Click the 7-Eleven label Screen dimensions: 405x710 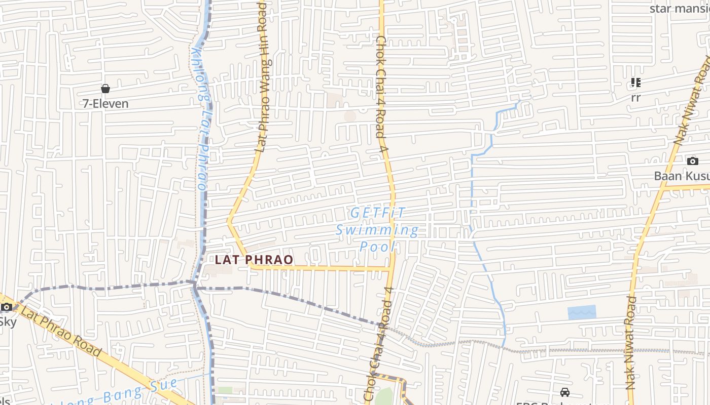tap(105, 104)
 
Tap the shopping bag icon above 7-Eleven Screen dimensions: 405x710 tap(105, 89)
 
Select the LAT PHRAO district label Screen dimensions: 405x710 tap(254, 260)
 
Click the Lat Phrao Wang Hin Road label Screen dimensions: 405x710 tap(262, 76)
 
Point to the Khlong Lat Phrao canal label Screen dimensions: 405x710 tap(202, 119)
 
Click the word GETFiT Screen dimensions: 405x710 tap(378, 213)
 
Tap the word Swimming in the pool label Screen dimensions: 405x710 tap(377, 230)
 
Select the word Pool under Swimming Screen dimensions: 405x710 tap(377, 247)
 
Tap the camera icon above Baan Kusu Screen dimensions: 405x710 tap(692, 161)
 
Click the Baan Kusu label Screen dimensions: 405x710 tap(682, 176)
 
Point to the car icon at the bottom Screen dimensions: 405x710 tap(564, 392)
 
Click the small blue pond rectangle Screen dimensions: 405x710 tap(582, 312)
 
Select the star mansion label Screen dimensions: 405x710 tap(680, 9)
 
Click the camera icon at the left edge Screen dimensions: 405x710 tap(6, 307)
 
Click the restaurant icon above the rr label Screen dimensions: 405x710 tap(635, 83)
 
